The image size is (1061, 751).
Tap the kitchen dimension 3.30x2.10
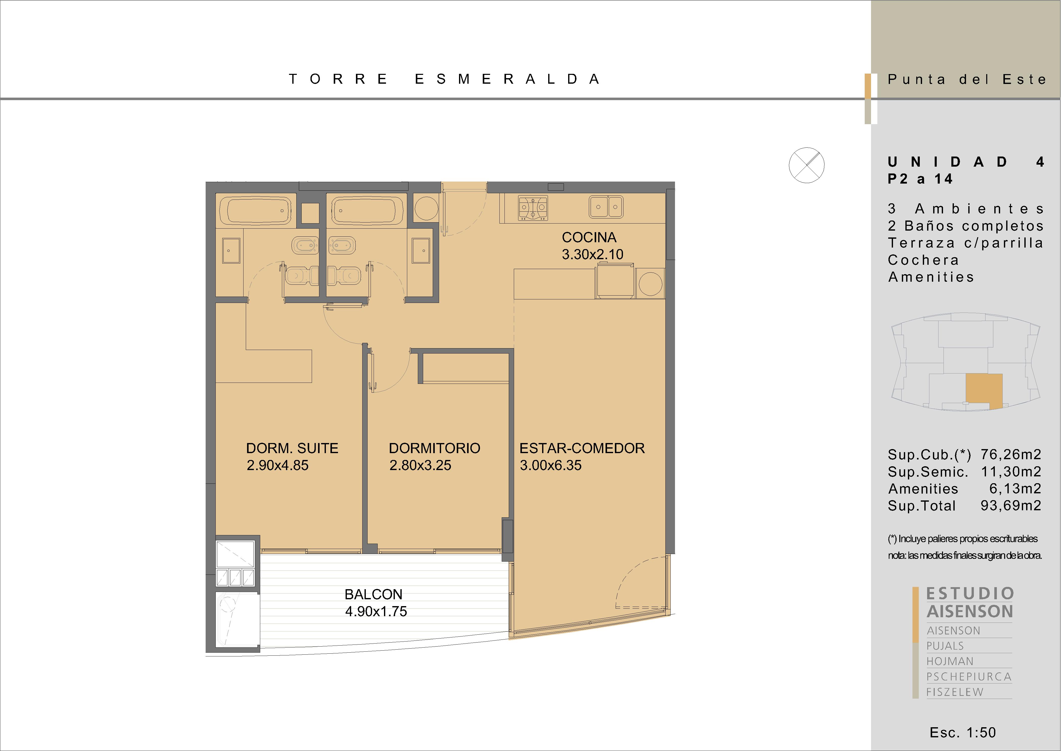(592, 254)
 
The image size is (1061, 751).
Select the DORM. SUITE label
(292, 448)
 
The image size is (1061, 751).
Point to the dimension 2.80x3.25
(420, 465)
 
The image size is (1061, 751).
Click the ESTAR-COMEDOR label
(582, 448)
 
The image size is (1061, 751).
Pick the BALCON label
(373, 594)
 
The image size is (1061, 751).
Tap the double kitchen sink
(606, 206)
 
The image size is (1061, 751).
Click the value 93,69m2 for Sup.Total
(1011, 505)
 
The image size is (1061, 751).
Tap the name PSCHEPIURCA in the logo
(969, 677)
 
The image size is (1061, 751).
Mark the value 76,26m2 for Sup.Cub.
(1011, 455)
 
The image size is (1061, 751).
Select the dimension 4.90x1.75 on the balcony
(376, 611)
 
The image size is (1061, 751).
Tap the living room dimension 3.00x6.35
(550, 465)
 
